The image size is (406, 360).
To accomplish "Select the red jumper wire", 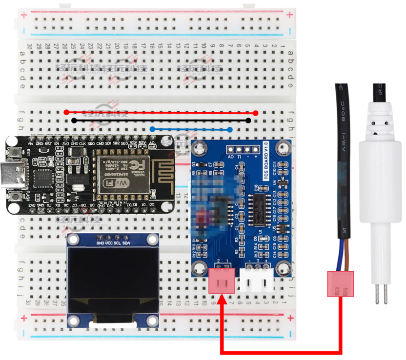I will pos(161,112).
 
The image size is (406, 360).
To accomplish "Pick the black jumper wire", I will pos(161,120).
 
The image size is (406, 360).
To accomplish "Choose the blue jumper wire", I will pos(191,129).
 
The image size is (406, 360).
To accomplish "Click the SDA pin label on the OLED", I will pos(126,242).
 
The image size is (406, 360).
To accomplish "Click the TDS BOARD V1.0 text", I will pos(266,161).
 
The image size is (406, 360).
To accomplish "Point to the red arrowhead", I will pos(223,300).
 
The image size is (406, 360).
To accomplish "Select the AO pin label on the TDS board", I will pos(231,157).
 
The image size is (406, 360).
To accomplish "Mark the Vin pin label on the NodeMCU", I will pos(31,144).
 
